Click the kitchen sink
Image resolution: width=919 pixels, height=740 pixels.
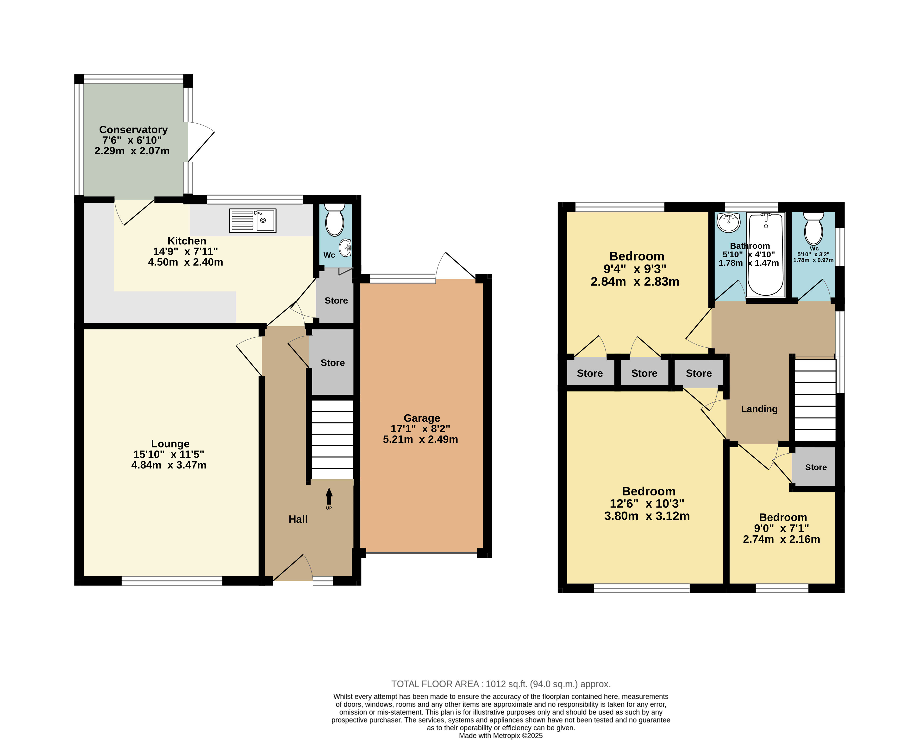tap(253, 221)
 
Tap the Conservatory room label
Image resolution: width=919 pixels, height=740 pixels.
tap(133, 130)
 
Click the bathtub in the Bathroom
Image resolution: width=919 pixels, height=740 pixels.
tap(766, 255)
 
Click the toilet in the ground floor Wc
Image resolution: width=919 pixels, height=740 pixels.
tap(335, 220)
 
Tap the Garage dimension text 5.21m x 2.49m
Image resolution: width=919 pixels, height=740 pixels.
tap(420, 439)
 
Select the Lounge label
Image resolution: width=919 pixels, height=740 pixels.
tap(170, 444)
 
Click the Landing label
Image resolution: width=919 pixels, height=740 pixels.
tap(759, 409)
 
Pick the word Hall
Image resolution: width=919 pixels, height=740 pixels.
tap(298, 519)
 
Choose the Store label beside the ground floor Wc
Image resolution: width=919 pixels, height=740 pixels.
tap(336, 301)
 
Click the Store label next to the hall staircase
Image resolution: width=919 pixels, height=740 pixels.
tap(332, 363)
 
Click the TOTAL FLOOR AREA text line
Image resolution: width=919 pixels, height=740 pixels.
tap(501, 684)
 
